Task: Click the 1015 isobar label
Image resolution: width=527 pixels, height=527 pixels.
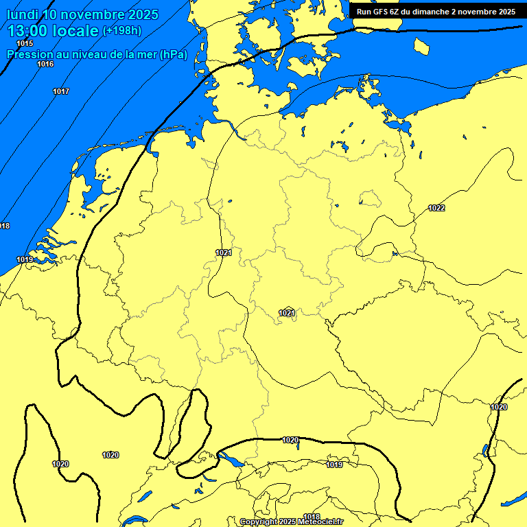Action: tap(25, 44)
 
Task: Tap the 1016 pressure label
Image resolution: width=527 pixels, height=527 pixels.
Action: tap(45, 64)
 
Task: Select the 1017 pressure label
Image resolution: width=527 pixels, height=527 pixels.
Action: tap(61, 91)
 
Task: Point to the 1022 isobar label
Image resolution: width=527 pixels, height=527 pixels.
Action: tap(436, 208)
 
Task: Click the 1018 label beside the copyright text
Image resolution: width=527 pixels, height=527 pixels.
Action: tap(312, 517)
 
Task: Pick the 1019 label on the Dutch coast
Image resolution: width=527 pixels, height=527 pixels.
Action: tap(25, 259)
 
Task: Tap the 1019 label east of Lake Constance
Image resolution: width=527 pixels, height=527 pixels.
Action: tap(334, 465)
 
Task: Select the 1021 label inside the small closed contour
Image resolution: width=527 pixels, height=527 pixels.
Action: tap(287, 313)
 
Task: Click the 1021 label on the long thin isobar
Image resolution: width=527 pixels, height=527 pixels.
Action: tap(224, 253)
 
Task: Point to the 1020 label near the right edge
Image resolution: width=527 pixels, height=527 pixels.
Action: tap(499, 407)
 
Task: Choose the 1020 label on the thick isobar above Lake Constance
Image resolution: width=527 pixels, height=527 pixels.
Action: tap(290, 440)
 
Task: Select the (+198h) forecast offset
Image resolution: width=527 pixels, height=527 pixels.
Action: tap(123, 31)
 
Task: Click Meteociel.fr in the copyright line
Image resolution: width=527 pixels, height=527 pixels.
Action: tap(320, 522)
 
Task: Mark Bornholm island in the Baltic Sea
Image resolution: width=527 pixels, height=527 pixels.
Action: tap(421, 46)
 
